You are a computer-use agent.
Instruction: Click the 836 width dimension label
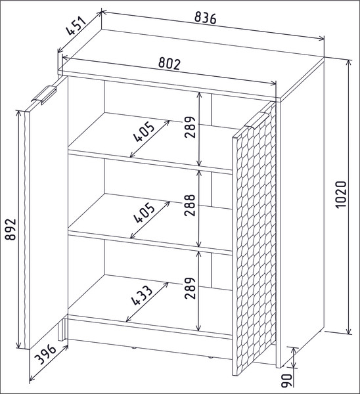[x=206, y=18]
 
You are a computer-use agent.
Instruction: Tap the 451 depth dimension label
[x=76, y=26]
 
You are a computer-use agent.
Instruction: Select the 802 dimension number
[x=169, y=64]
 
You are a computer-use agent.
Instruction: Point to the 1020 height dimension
[x=341, y=194]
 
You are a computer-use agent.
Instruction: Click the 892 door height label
[x=11, y=229]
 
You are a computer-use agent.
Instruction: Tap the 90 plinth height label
[x=286, y=380]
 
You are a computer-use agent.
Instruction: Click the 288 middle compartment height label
[x=190, y=205]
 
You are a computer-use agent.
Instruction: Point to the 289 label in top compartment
[x=190, y=127]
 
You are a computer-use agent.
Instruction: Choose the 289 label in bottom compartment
[x=190, y=288]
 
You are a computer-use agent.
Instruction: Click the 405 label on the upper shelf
[x=145, y=131]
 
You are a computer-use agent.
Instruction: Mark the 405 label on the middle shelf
[x=145, y=213]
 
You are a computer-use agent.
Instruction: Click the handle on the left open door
[x=44, y=95]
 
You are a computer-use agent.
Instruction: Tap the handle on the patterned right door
[x=257, y=120]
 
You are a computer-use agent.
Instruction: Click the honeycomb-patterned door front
[x=254, y=239]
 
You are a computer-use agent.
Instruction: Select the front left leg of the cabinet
[x=61, y=330]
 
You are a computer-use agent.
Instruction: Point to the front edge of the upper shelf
[x=150, y=162]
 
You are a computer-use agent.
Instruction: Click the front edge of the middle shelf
[x=150, y=243]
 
